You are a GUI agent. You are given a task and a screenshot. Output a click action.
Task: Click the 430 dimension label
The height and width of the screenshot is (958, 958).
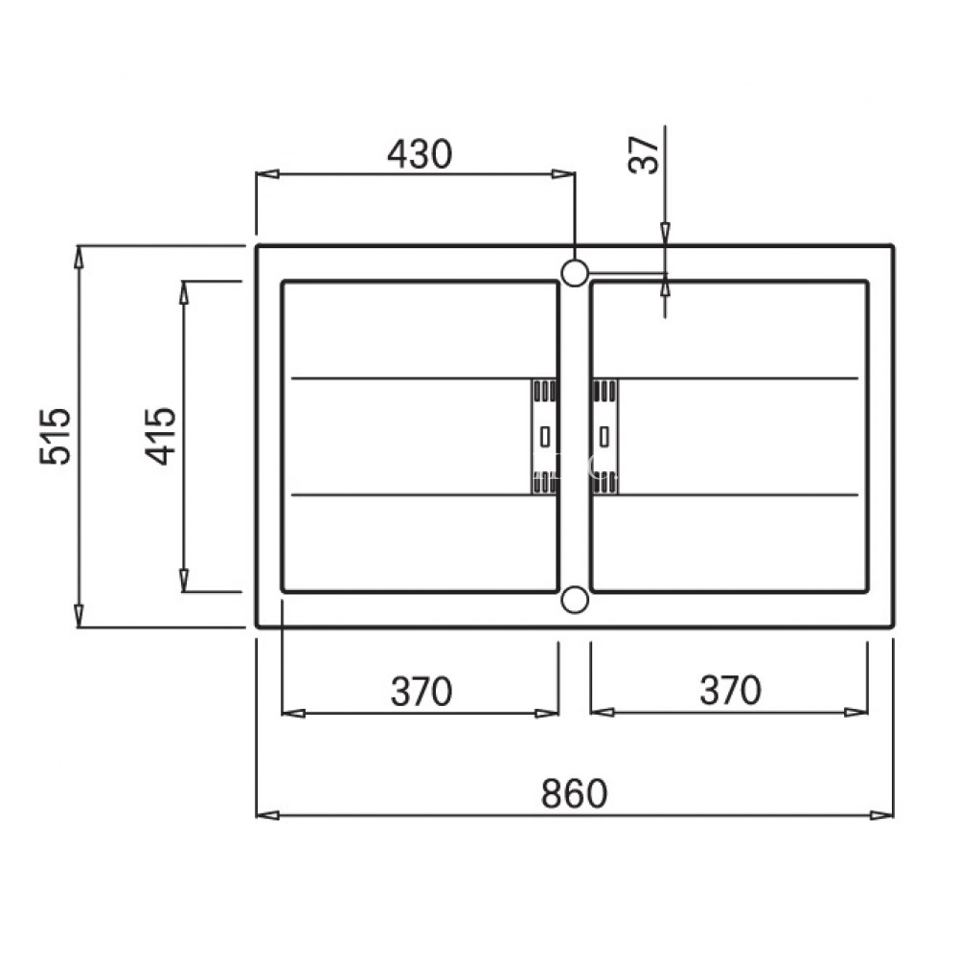point(418,153)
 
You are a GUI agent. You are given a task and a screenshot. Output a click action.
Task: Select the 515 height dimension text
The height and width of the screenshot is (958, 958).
point(55,436)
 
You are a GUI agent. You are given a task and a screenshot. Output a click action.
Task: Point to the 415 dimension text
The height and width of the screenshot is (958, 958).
point(160,436)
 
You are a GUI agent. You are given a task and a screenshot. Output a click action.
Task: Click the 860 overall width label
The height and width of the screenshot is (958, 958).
point(574,794)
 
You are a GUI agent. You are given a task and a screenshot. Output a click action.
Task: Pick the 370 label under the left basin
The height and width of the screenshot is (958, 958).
point(421,691)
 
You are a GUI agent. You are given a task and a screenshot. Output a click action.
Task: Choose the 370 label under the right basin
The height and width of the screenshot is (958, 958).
point(729,691)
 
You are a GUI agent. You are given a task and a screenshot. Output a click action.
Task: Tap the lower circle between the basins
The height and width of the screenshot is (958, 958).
point(575,600)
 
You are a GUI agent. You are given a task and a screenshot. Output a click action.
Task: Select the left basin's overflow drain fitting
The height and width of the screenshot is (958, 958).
point(544,437)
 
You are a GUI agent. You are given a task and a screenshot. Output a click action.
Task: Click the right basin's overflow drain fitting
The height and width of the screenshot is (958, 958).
point(604,437)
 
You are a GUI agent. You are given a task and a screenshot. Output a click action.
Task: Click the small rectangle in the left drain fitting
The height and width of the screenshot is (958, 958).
point(544,437)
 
